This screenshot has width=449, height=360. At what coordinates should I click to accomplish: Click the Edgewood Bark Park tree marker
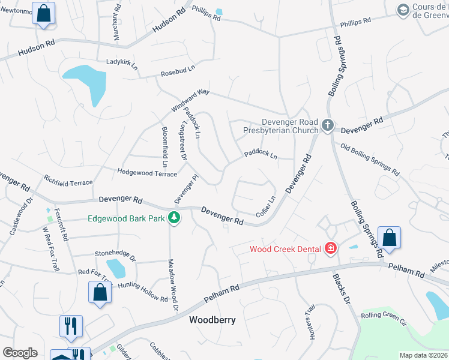[175, 217]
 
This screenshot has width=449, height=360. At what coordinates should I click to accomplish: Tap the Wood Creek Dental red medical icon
[330, 248]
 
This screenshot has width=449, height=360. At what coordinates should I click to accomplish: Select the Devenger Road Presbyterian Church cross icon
[327, 125]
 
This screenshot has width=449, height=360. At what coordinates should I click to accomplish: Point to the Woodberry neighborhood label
[212, 320]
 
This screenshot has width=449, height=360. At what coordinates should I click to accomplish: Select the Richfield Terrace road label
[68, 181]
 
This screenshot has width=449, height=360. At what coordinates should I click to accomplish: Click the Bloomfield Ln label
[164, 146]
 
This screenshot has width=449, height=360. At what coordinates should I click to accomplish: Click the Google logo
[20, 353]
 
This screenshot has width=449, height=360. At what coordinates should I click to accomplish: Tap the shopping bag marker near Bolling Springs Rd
[389, 238]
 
